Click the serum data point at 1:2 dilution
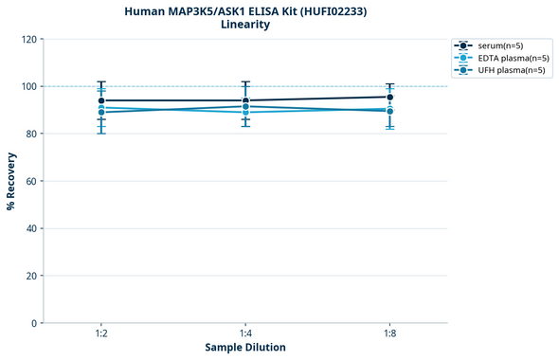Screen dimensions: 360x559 click(101, 100)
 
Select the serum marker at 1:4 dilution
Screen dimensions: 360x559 click(245, 100)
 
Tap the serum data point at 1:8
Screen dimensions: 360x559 click(389, 97)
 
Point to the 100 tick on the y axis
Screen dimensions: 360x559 click(29, 86)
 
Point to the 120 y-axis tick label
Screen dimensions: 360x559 click(29, 39)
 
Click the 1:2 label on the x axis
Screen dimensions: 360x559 click(101, 334)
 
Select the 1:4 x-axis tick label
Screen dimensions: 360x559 click(245, 334)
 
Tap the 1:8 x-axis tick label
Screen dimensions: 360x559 click(389, 334)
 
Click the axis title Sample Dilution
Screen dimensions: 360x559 click(245, 348)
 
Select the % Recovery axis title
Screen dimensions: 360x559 click(11, 180)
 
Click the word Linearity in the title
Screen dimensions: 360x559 click(245, 25)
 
